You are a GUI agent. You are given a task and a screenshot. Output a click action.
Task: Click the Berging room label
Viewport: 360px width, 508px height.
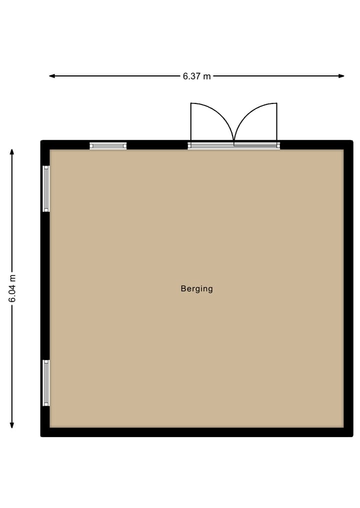[196, 289]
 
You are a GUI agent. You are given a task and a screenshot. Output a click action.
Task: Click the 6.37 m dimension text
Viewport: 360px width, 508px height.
[196, 76]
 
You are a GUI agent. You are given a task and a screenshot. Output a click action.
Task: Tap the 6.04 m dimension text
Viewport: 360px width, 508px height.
[12, 289]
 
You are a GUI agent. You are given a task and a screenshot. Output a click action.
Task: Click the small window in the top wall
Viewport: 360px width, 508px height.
[108, 146]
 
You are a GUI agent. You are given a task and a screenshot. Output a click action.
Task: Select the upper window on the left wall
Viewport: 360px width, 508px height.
[46, 189]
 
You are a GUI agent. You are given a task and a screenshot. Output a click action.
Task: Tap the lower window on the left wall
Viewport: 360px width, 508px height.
[46, 383]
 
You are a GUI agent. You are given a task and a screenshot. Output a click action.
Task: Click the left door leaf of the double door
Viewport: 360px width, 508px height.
[191, 122]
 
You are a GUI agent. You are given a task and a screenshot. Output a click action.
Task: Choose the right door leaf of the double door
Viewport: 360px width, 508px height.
[276, 122]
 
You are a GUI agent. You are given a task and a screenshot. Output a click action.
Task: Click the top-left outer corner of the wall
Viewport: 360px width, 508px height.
[41, 141]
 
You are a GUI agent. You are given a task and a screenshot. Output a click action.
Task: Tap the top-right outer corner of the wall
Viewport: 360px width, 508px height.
[352, 141]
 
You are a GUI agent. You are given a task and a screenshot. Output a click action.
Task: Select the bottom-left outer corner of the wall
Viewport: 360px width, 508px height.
[41, 436]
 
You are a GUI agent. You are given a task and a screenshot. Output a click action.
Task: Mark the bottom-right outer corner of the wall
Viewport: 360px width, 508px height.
[352, 436]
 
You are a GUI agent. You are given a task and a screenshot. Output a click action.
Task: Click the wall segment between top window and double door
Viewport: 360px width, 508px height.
[157, 145]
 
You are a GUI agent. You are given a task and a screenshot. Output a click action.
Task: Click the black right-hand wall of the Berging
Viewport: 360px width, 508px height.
[348, 289]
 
